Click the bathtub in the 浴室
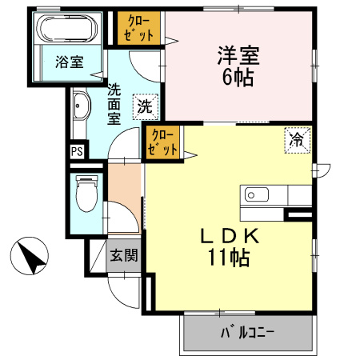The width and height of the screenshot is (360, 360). (68, 30)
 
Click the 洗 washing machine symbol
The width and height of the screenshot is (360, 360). (145, 105)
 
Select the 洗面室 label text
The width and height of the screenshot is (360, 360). (114, 104)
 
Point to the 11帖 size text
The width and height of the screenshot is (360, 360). (227, 258)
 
